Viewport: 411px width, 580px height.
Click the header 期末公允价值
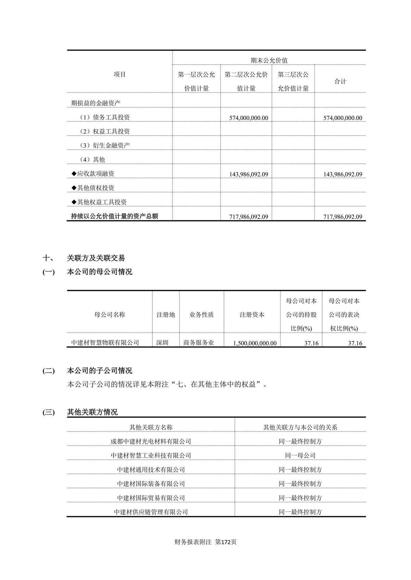click(269, 61)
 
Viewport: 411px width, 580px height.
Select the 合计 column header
click(340, 81)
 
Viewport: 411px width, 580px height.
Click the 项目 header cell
click(120, 74)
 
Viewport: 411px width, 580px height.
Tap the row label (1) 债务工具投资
click(105, 117)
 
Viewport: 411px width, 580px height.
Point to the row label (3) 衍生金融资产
click(105, 145)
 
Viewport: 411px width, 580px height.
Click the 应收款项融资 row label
click(93, 174)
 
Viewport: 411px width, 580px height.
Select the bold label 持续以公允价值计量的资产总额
click(114, 216)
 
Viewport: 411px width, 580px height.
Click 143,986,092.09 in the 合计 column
click(342, 174)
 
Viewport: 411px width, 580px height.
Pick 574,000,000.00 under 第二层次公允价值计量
click(249, 118)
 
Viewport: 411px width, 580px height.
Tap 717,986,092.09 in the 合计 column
click(342, 217)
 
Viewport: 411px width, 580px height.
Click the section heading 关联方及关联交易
click(96, 258)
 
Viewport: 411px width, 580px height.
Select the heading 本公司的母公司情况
click(99, 272)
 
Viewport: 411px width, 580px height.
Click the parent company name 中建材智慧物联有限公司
click(105, 343)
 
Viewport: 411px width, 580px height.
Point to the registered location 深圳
click(162, 343)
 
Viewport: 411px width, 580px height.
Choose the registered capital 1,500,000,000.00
click(255, 343)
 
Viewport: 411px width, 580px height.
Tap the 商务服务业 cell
click(199, 343)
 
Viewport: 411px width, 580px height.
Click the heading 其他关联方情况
click(92, 412)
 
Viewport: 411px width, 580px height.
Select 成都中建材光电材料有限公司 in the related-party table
click(151, 441)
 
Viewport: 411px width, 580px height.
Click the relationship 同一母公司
click(300, 456)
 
